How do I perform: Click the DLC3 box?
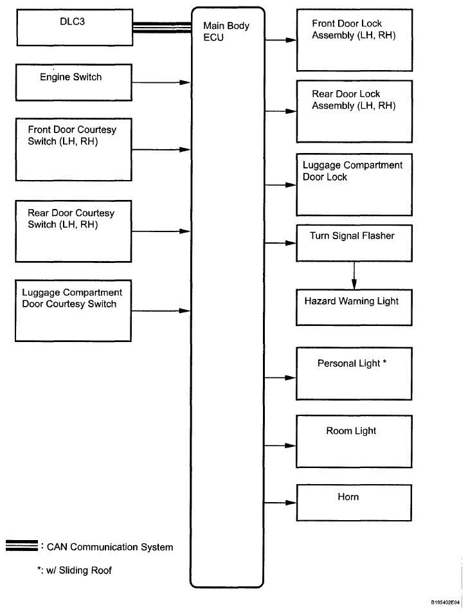click(x=75, y=28)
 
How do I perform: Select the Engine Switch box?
click(x=74, y=83)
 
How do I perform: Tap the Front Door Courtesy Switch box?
click(x=74, y=150)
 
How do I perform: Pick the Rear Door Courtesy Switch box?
click(x=73, y=231)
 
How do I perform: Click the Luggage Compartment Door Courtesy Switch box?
click(x=73, y=311)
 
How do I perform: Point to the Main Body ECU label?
click(x=226, y=32)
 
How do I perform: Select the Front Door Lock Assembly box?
click(x=354, y=41)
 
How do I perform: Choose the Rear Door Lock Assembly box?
click(x=354, y=112)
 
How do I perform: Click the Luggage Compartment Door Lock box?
click(x=354, y=185)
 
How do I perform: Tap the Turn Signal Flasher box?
click(x=354, y=243)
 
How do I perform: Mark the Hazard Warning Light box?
click(x=354, y=307)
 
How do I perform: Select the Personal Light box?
click(x=354, y=374)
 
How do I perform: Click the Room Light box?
click(x=354, y=442)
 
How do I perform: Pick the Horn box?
click(x=354, y=503)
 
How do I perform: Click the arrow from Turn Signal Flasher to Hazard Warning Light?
click(x=354, y=276)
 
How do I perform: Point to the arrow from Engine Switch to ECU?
click(x=161, y=83)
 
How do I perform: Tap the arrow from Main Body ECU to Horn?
click(x=280, y=503)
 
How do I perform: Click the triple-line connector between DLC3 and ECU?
click(x=162, y=28)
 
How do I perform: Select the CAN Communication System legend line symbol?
click(x=22, y=545)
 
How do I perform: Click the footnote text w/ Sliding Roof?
click(x=75, y=570)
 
